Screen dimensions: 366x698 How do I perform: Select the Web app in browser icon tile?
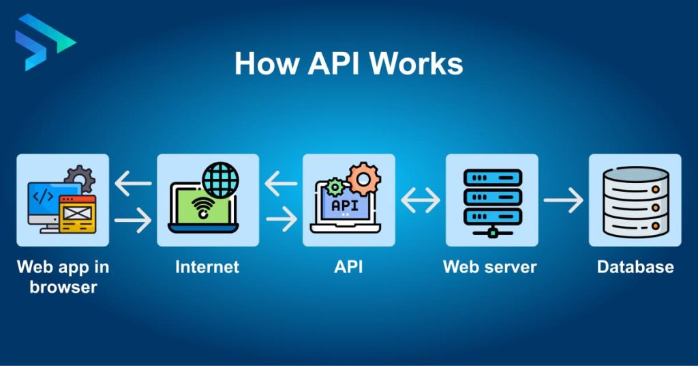pyautogui.click(x=63, y=200)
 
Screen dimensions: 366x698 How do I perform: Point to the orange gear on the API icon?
pyautogui.click(x=363, y=180)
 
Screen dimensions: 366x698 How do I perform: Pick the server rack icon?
pyautogui.click(x=491, y=200)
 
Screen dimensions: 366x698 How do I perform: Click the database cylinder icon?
pyautogui.click(x=635, y=200)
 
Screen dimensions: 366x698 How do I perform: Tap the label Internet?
pyautogui.click(x=207, y=266)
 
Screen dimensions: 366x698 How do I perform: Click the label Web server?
pyautogui.click(x=490, y=266)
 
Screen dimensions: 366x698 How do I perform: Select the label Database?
pyautogui.click(x=635, y=266)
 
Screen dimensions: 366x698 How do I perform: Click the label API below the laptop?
pyautogui.click(x=348, y=266)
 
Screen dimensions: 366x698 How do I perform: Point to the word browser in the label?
pyautogui.click(x=63, y=286)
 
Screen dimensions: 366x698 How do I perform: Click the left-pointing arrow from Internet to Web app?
pyautogui.click(x=133, y=183)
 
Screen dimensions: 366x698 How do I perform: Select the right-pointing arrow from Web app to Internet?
pyautogui.click(x=133, y=220)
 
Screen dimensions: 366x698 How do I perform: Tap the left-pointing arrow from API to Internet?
pyautogui.click(x=281, y=183)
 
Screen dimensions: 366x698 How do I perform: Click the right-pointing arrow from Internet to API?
pyautogui.click(x=281, y=220)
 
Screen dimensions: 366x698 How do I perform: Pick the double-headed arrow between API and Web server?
pyautogui.click(x=421, y=201)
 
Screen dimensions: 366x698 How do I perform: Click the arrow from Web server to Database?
pyautogui.click(x=563, y=201)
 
